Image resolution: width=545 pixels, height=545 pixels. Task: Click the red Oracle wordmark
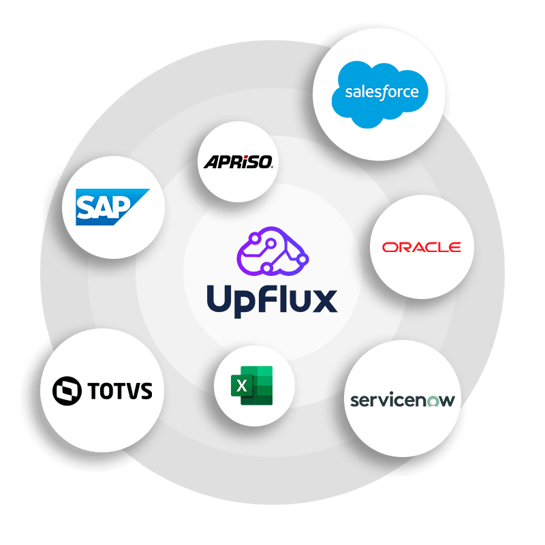point(421,247)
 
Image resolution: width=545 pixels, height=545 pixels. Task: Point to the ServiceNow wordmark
point(402,399)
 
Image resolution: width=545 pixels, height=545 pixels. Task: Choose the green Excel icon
point(253,386)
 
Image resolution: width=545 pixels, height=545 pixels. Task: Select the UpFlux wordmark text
point(272,300)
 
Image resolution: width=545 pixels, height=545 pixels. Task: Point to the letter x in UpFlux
point(324,301)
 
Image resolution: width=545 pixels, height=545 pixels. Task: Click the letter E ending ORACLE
point(454,247)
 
